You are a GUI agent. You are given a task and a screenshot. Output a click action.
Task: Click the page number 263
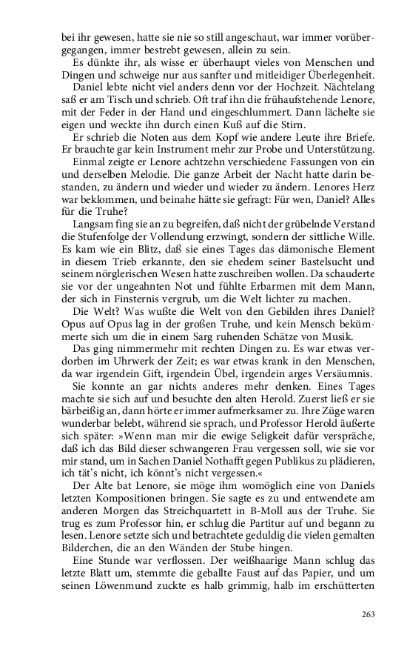(368, 614)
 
